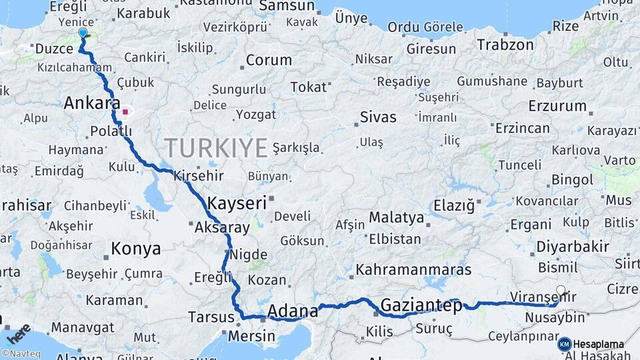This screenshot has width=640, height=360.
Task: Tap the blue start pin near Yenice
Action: tap(83, 33)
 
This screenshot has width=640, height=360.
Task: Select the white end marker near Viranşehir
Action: tap(561, 290)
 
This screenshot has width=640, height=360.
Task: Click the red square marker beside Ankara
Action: tap(125, 112)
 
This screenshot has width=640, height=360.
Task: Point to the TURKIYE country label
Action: tap(216, 147)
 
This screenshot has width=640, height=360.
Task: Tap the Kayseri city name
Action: tap(237, 202)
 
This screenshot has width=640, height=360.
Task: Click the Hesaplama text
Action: tap(599, 344)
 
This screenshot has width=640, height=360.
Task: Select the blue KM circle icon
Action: tap(564, 344)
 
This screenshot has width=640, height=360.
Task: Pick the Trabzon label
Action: tap(505, 45)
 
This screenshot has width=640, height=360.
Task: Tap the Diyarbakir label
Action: tap(573, 247)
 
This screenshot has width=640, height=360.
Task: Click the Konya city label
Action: tap(136, 249)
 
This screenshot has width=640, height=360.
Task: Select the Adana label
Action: tap(293, 311)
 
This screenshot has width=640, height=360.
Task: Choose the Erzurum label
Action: tap(557, 106)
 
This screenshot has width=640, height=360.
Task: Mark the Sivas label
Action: tap(378, 117)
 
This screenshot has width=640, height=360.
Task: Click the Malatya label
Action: tap(396, 217)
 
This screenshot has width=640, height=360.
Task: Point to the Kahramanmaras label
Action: tap(413, 270)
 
